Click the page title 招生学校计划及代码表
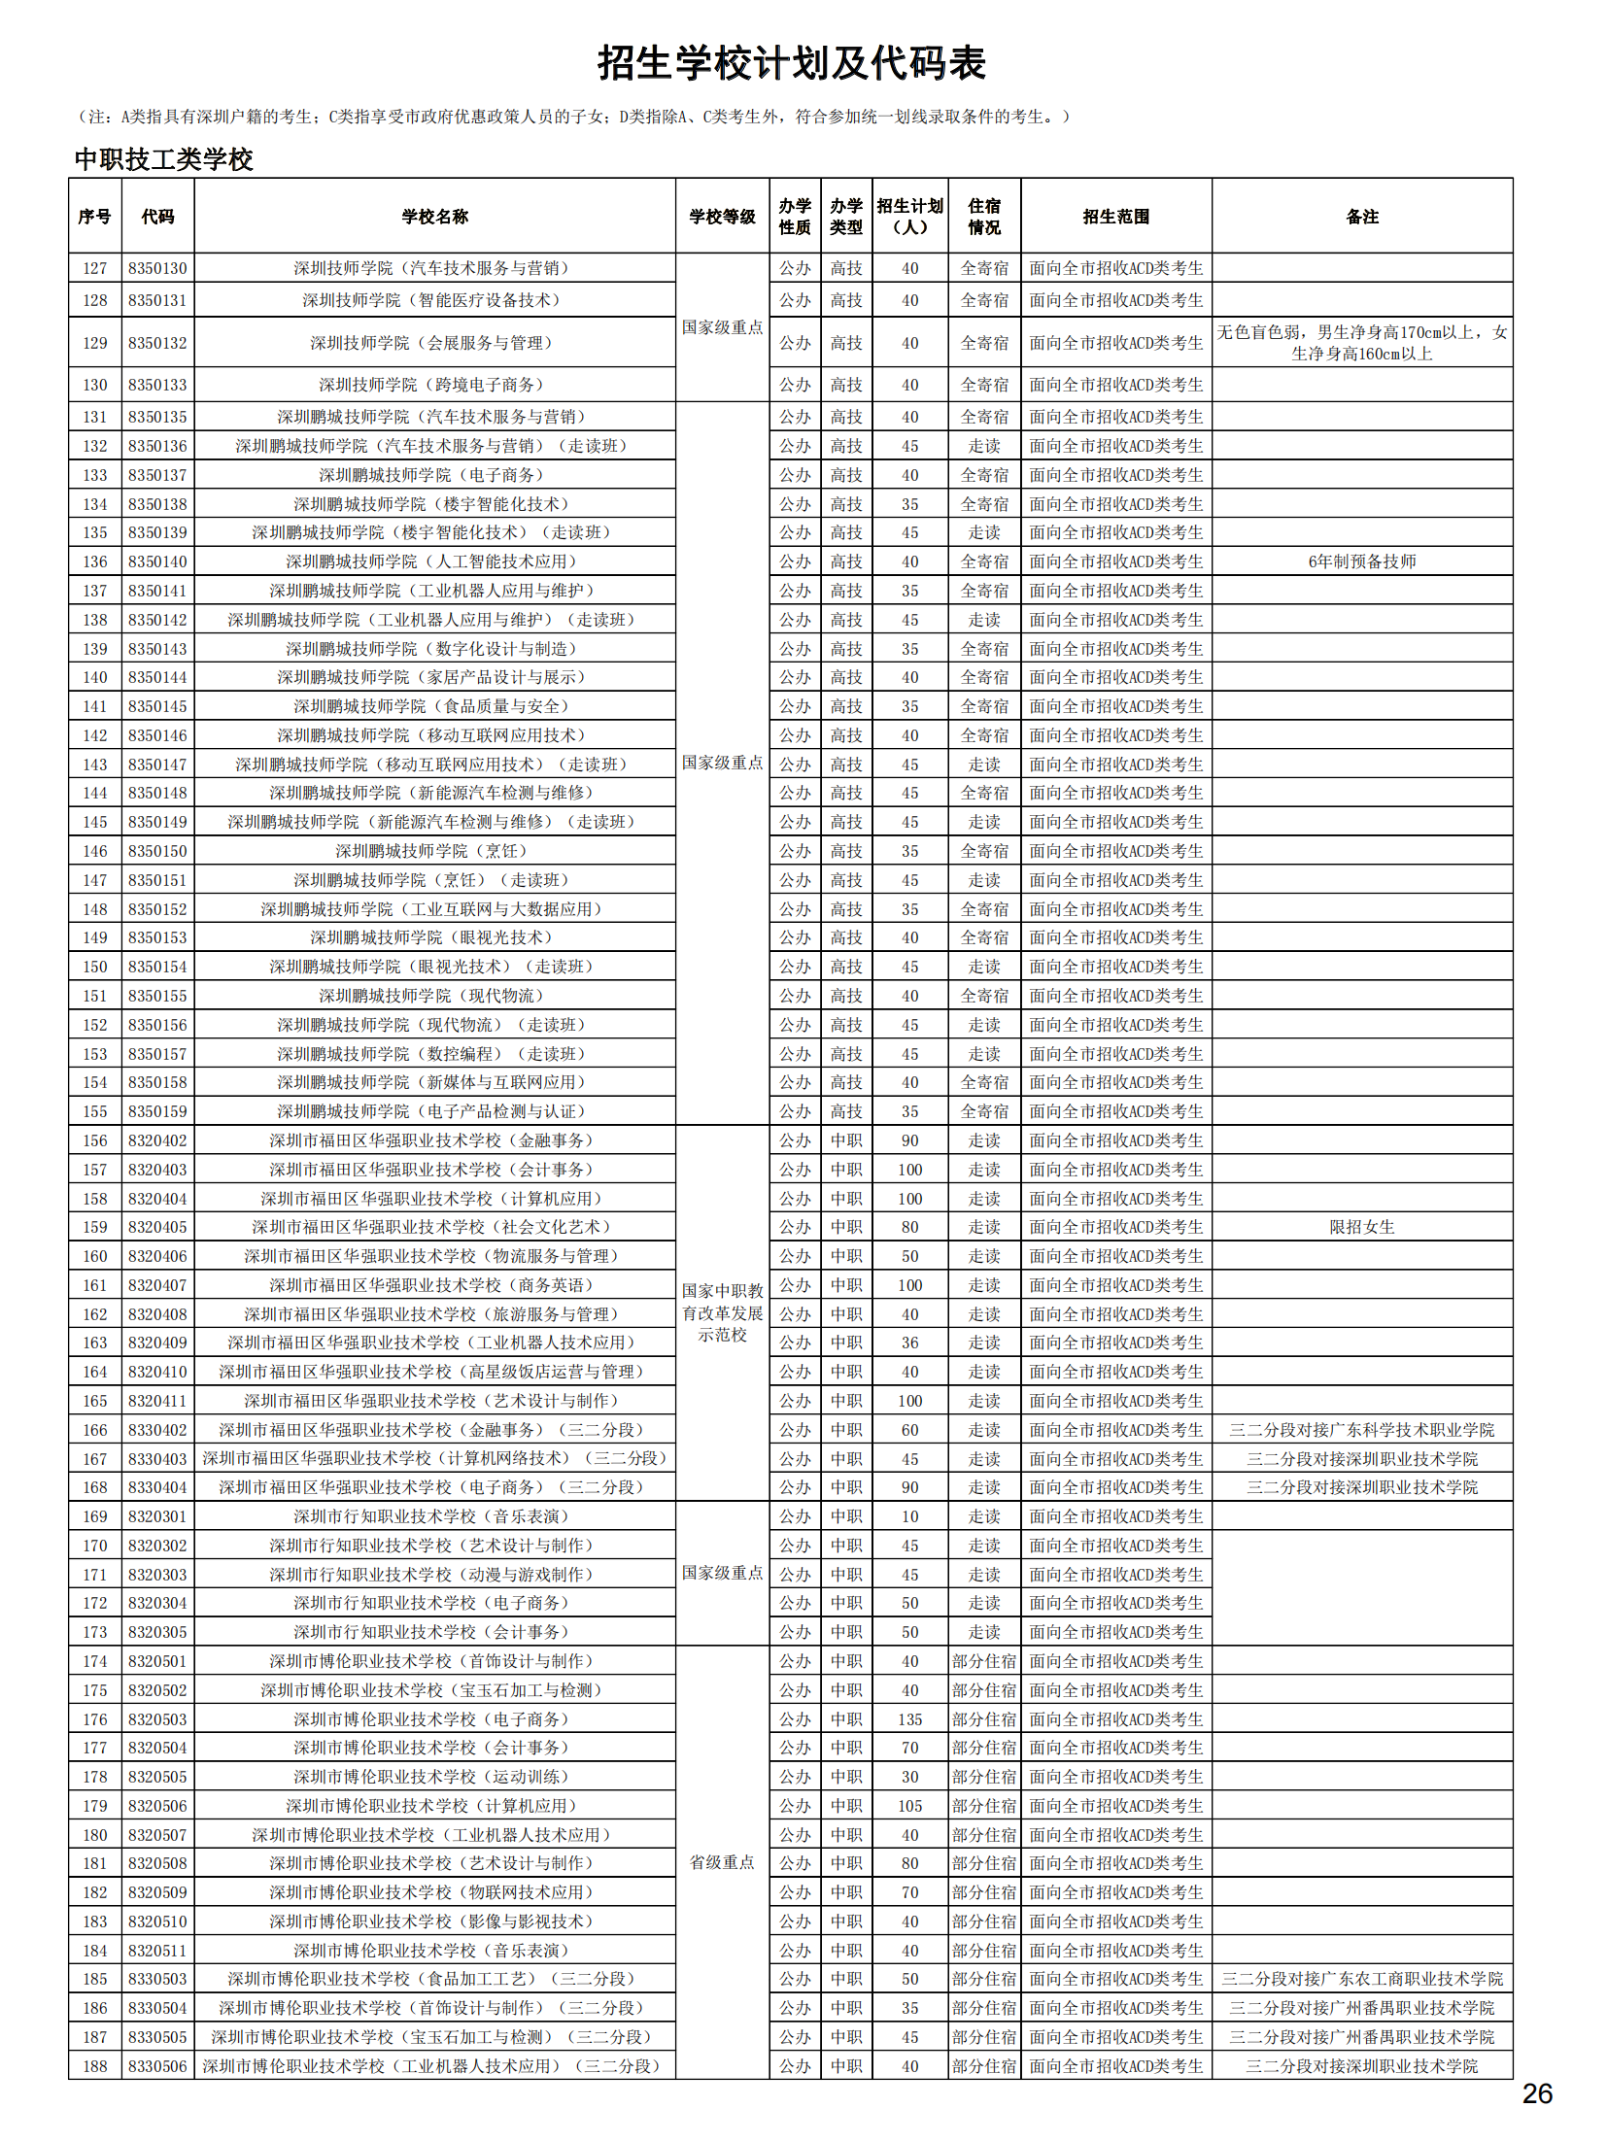pos(791,64)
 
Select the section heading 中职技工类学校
pos(163,159)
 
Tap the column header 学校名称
pos(434,217)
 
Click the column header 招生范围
pos(1115,217)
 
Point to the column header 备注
pos(1361,217)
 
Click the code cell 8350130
pos(157,269)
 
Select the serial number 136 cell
pos(95,561)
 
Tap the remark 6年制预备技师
pos(1361,561)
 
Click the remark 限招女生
pos(1361,1227)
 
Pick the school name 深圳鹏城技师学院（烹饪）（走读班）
pos(434,880)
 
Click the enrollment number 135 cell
pos(909,1719)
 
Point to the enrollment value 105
pos(909,1806)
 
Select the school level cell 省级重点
pos(722,1862)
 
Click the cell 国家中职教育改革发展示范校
pos(722,1312)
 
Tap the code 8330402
pos(157,1430)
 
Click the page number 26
pos(1536,2093)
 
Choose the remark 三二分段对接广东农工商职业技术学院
pos(1361,1979)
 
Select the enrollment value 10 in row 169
pos(909,1516)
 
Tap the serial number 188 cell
pos(95,2066)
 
